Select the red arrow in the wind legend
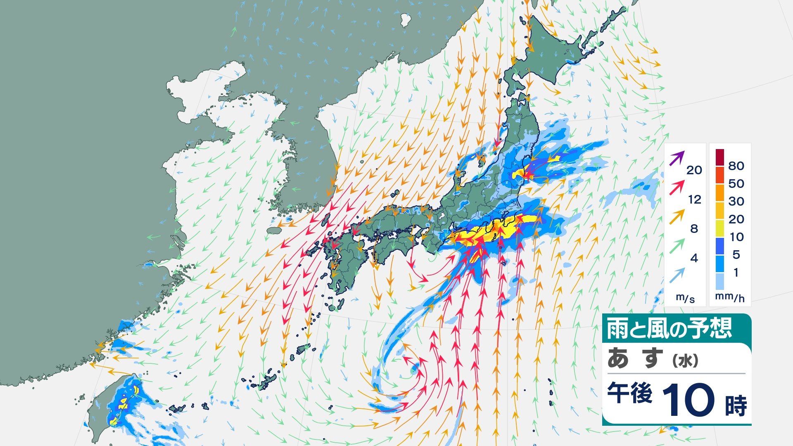(677, 188)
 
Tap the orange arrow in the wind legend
(677, 217)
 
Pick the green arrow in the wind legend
(677, 246)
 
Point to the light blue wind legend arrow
(677, 275)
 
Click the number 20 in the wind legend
(694, 170)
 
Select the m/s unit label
(685, 298)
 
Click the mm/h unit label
(730, 297)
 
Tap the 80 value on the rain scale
(736, 166)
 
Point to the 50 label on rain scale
(736, 183)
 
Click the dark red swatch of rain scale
(720, 157)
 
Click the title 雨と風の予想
(669, 329)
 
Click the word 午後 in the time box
(629, 393)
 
